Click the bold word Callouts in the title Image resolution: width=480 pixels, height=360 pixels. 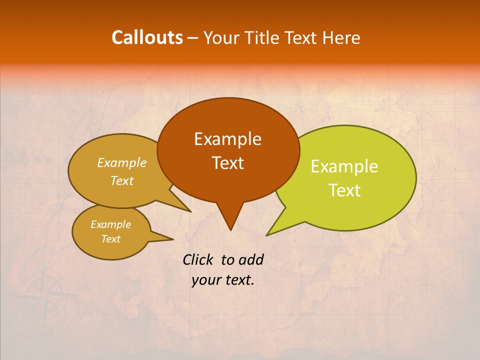tap(147, 37)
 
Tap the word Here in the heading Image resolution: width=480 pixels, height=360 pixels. tap(341, 37)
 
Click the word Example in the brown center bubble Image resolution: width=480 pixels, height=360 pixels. tap(227, 139)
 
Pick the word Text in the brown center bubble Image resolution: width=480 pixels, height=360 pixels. tap(227, 163)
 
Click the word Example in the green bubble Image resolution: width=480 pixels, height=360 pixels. tap(344, 166)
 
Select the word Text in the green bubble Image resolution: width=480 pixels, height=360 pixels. tap(344, 190)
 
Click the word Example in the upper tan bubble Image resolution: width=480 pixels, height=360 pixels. tap(122, 162)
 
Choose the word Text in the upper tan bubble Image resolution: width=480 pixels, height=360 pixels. tap(122, 180)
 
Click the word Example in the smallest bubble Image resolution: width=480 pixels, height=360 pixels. tap(111, 224)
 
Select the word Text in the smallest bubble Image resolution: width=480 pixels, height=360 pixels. tap(111, 239)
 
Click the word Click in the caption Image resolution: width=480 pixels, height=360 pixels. tap(198, 259)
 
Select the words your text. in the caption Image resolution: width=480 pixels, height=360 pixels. tap(223, 280)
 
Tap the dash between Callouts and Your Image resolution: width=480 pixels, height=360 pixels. tap(193, 38)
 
